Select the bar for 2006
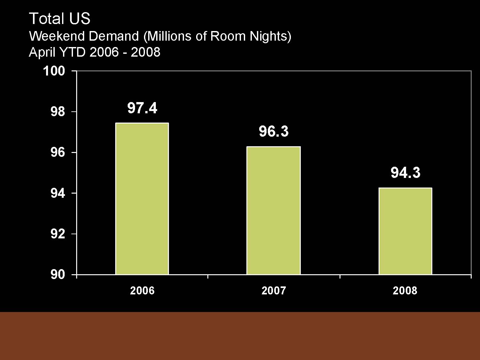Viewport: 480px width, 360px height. [142, 199]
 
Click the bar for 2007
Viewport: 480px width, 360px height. [274, 211]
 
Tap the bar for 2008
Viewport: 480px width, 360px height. [405, 231]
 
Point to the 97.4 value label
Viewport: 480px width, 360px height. [142, 108]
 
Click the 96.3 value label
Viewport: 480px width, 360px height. [274, 132]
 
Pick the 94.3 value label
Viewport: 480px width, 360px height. [405, 173]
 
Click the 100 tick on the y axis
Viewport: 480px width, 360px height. [54, 71]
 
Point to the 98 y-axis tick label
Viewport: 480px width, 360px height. [58, 112]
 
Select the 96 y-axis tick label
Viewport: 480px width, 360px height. [58, 153]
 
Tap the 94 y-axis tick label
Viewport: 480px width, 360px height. [58, 193]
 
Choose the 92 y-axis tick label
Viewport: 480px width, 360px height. [58, 234]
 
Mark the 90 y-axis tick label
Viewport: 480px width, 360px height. [58, 275]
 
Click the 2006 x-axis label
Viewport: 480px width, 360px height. [142, 291]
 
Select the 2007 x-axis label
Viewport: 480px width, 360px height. [274, 291]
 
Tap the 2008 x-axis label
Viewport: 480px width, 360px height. [405, 291]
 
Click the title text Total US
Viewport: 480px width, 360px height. [60, 19]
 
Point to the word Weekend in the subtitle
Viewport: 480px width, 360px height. [57, 36]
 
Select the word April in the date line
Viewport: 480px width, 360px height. [40, 52]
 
